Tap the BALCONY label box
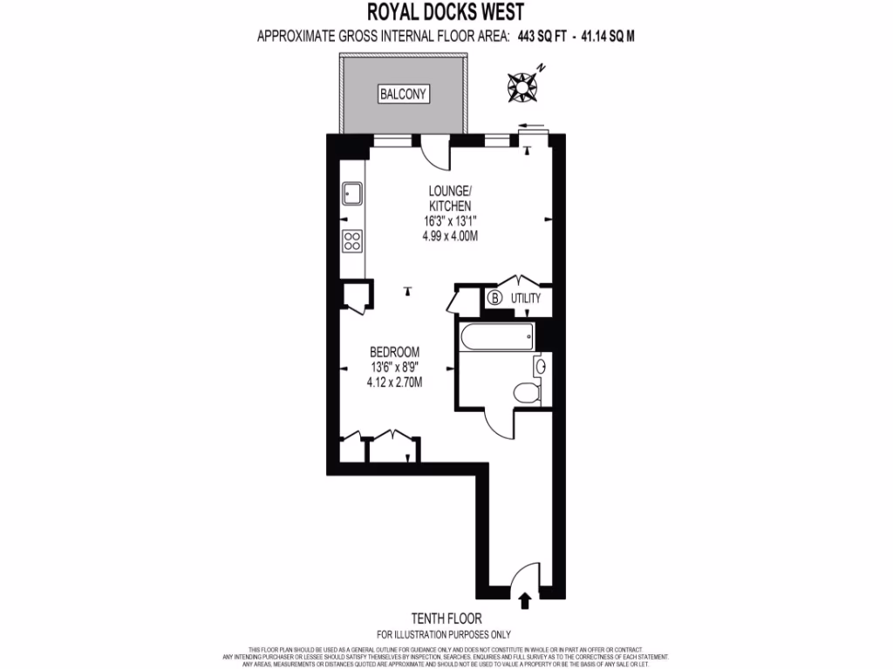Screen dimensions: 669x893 point(404,94)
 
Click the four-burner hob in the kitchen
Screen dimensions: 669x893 point(352,240)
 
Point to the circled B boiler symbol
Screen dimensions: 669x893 point(494,299)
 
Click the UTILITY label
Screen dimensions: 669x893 point(526,299)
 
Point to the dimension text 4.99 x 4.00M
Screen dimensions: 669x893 point(450,235)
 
